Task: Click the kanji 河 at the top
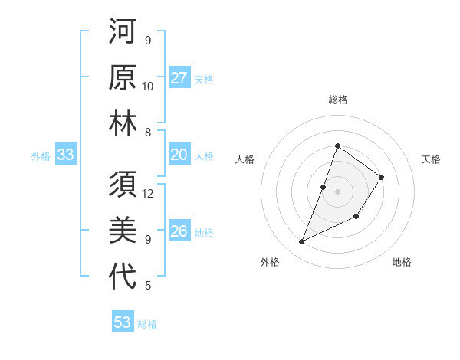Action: (123, 31)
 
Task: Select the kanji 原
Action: (123, 77)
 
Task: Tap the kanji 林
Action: (123, 124)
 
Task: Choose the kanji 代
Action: (123, 277)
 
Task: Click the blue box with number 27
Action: (179, 78)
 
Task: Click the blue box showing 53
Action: (123, 322)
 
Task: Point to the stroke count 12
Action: (148, 193)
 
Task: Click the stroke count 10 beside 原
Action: (148, 86)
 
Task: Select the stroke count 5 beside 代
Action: (148, 286)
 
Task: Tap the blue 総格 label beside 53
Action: (147, 324)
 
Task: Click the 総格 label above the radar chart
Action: (337, 100)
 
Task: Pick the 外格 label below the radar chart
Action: (270, 262)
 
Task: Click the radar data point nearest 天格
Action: (381, 178)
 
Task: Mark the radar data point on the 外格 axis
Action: (302, 241)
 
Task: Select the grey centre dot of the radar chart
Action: (337, 191)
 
